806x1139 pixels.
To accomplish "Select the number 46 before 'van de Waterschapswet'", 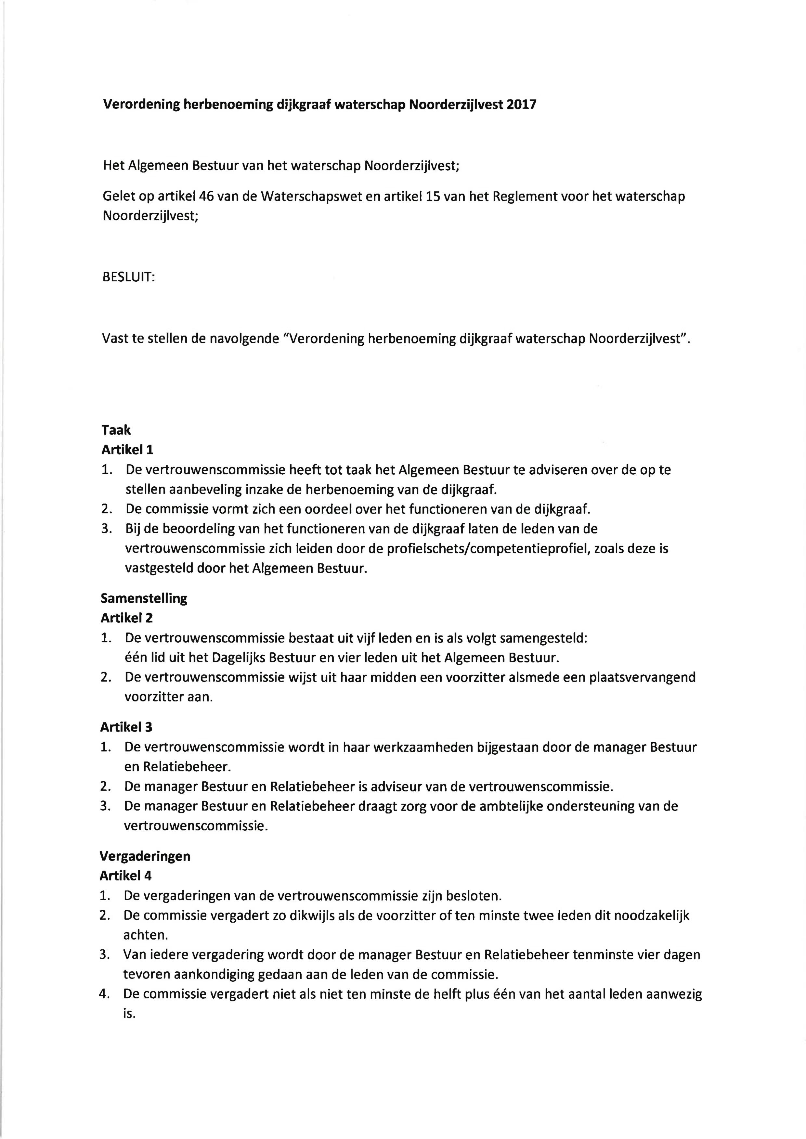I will [x=206, y=197].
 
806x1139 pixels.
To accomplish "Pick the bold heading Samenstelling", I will [x=144, y=598].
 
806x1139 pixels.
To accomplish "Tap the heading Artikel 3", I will [x=126, y=727].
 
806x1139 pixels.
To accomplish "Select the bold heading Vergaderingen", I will [x=145, y=856].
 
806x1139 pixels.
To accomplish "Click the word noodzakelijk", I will [x=645, y=916].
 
